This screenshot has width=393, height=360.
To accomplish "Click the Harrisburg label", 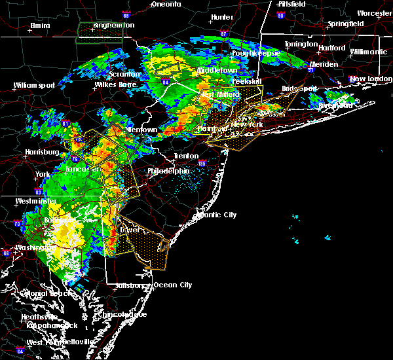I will (38, 153).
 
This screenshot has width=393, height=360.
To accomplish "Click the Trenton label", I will (185, 156).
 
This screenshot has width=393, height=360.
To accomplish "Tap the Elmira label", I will (41, 26).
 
